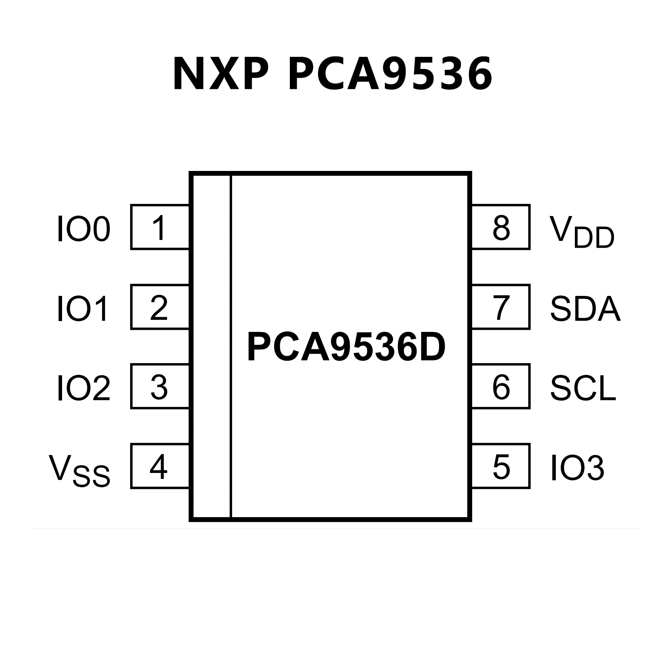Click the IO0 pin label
pyautogui.click(x=84, y=229)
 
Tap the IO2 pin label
pyautogui.click(x=84, y=388)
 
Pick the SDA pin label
pyautogui.click(x=585, y=308)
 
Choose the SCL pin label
pyautogui.click(x=583, y=388)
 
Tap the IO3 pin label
pyautogui.click(x=577, y=468)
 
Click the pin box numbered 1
pyautogui.click(x=160, y=227)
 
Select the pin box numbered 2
pyautogui.click(x=160, y=307)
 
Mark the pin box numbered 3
pyautogui.click(x=160, y=386)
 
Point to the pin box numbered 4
pyautogui.click(x=160, y=466)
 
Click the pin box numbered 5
pyautogui.click(x=501, y=466)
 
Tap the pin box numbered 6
pyautogui.click(x=501, y=386)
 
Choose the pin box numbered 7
pyautogui.click(x=501, y=307)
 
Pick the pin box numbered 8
pyautogui.click(x=501, y=227)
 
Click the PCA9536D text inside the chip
pyautogui.click(x=346, y=347)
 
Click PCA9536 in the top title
pyautogui.click(x=390, y=74)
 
